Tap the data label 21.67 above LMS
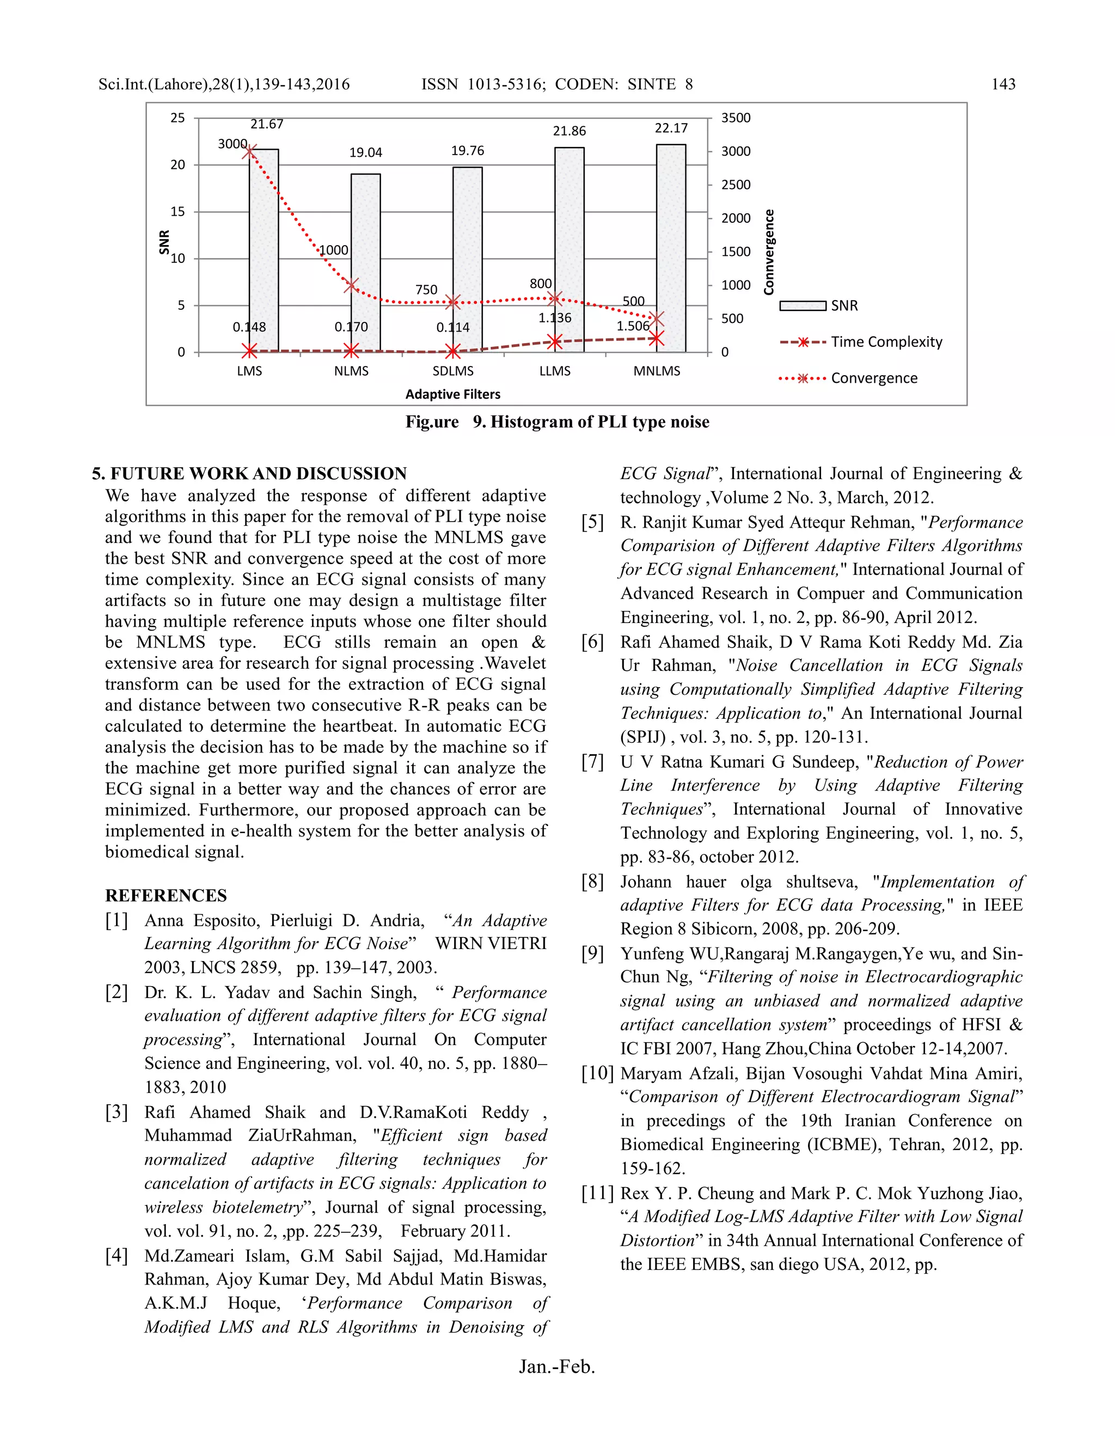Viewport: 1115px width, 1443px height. click(x=267, y=124)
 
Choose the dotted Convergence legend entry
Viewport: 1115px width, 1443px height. click(x=849, y=378)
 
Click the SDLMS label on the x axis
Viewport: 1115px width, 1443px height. click(x=452, y=371)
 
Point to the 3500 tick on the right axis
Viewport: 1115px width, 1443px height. click(x=735, y=118)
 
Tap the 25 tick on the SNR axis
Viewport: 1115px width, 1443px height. click(x=177, y=118)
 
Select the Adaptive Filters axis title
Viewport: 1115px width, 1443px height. click(x=452, y=394)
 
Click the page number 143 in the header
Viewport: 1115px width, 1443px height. click(x=1003, y=84)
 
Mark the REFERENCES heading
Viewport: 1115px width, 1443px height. click(x=166, y=896)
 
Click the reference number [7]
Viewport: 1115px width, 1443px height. click(x=592, y=762)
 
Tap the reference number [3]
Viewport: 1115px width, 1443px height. click(x=117, y=1112)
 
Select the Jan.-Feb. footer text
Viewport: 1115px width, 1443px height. click(x=557, y=1366)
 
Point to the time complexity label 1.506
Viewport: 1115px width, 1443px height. click(x=633, y=326)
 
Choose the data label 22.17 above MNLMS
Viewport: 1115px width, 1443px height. click(x=671, y=128)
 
